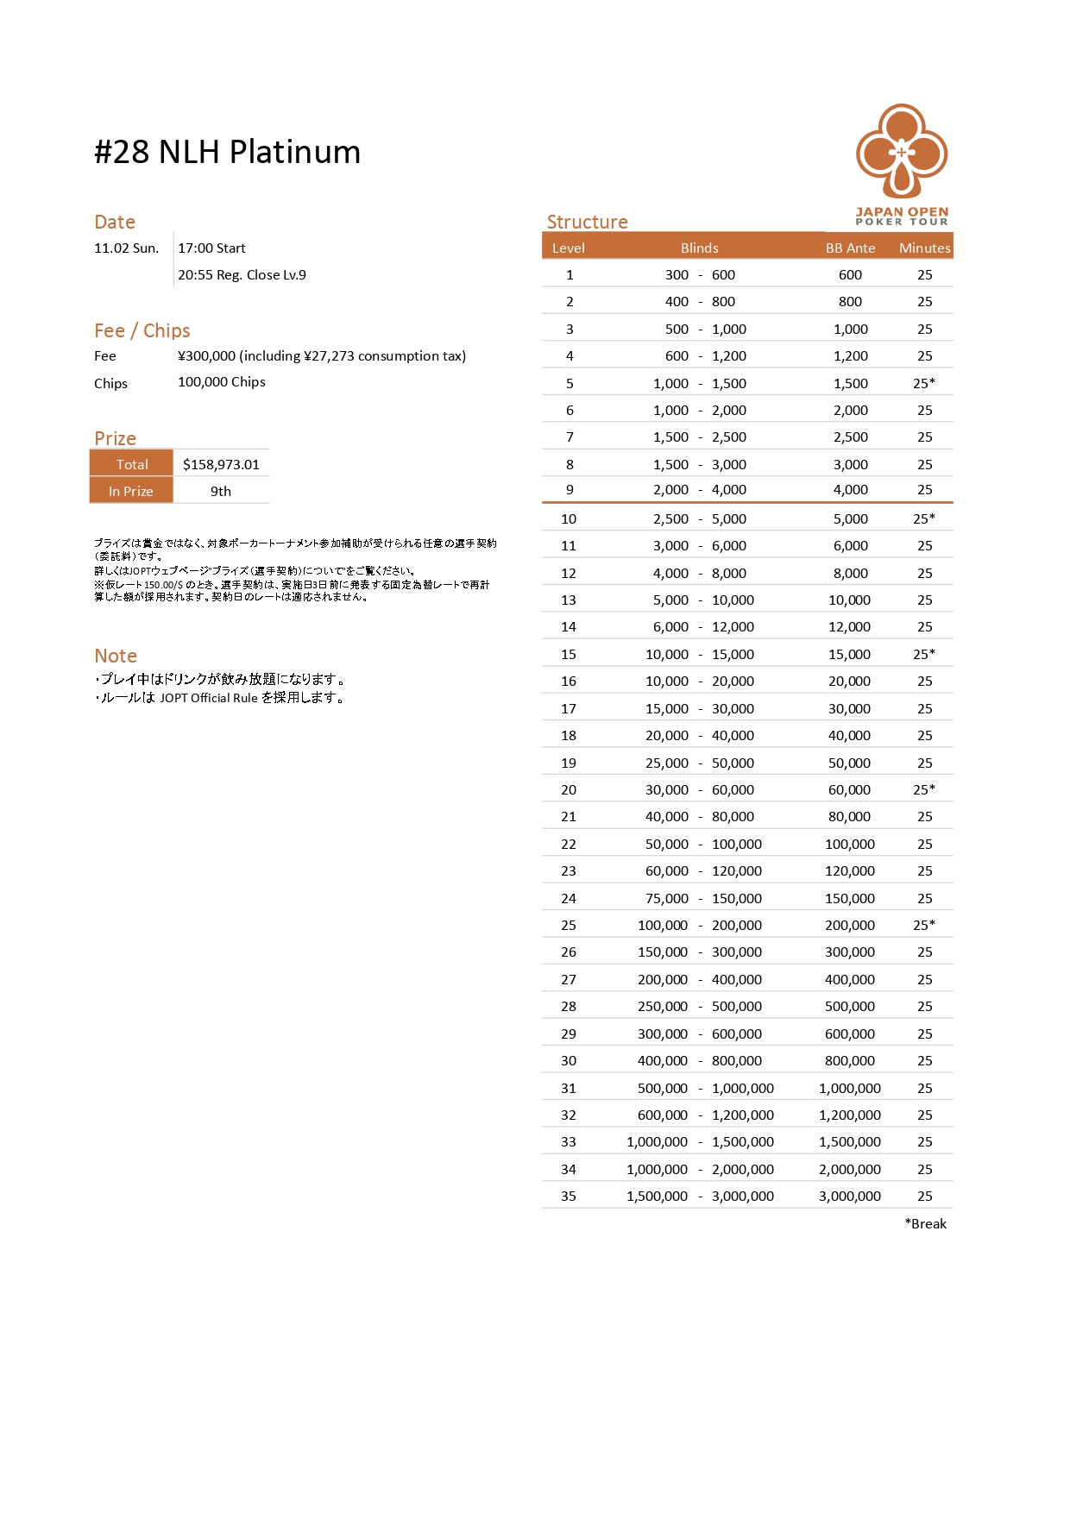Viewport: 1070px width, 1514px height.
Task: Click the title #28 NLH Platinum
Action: coord(227,152)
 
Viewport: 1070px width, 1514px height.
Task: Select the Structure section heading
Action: coord(587,222)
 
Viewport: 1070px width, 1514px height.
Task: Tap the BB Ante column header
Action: coord(850,248)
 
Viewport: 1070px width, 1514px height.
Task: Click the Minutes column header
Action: coord(924,248)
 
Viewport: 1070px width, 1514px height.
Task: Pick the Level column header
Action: coord(568,248)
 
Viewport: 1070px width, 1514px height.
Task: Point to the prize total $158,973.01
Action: coord(221,464)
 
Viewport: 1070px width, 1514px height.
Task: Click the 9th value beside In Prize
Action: coord(221,491)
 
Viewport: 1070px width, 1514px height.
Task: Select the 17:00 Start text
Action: coord(211,248)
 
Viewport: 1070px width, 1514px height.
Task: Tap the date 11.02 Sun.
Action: coord(126,248)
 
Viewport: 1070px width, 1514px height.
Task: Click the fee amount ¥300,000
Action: coord(207,356)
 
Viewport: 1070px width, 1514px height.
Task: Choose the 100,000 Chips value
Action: coord(222,382)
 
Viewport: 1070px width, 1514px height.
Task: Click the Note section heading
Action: coord(116,656)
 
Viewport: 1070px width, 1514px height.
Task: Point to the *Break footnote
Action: coord(925,1223)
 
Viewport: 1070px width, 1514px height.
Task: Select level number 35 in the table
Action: coord(568,1196)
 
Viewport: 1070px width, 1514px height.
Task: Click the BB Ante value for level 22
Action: coord(850,844)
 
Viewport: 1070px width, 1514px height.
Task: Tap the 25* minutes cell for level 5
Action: coord(924,383)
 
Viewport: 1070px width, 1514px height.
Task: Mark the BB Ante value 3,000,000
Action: coord(850,1196)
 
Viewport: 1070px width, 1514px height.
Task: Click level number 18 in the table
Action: coord(568,735)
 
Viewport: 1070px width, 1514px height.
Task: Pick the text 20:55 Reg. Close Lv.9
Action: coord(242,275)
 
